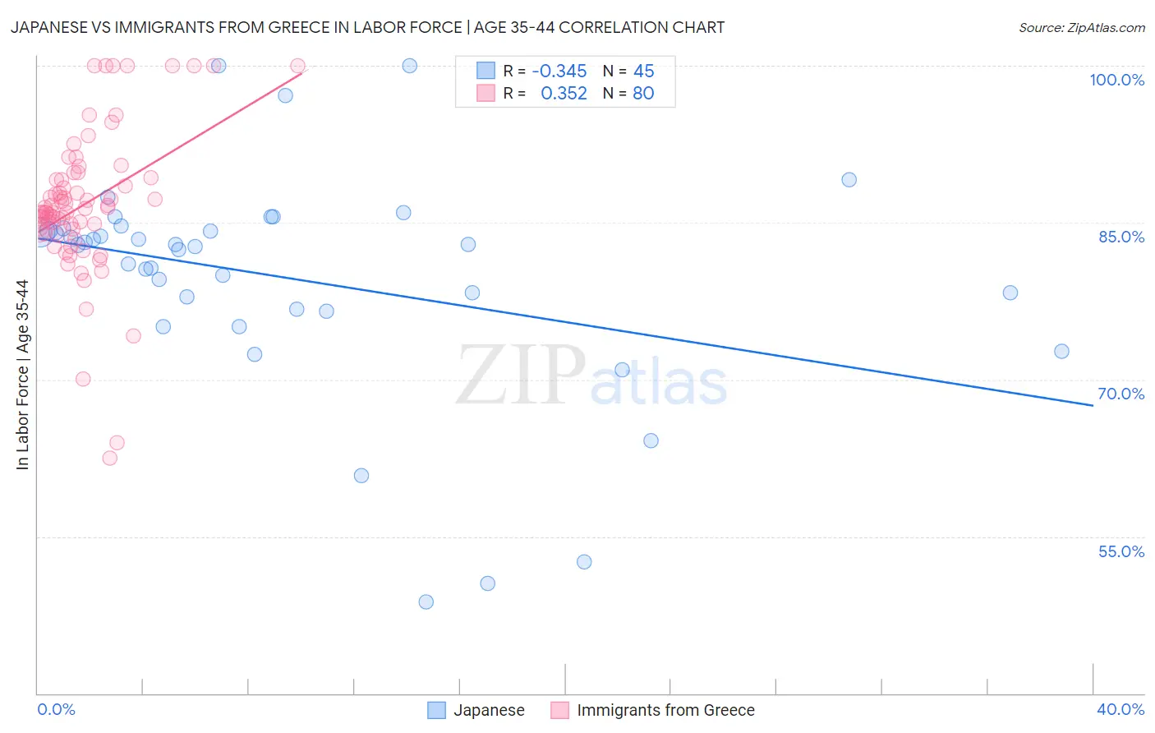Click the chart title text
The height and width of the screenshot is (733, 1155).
367,27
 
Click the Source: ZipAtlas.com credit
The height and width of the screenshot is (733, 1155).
1081,27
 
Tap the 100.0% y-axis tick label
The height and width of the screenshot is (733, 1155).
1116,80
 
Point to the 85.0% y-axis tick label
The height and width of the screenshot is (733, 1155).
1120,237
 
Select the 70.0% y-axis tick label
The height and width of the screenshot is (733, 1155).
1120,394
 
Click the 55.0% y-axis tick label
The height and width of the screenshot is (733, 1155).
1120,551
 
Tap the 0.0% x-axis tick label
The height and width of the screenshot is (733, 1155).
56,709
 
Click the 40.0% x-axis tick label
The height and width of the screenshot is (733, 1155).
1120,709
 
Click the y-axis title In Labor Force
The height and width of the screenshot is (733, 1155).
22,375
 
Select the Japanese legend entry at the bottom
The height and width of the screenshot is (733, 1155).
476,710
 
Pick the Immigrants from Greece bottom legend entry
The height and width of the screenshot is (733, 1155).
653,710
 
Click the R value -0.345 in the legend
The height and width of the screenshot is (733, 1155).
559,71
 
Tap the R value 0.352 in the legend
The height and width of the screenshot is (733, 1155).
564,94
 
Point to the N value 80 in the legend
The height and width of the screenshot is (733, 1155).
643,94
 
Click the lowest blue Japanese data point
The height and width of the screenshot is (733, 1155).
426,602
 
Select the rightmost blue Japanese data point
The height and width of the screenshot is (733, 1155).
1061,351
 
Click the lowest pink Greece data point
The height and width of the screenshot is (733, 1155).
109,458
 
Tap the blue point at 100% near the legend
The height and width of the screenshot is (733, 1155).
409,66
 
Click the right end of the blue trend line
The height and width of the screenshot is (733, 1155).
1093,405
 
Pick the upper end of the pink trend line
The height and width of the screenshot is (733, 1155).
301,73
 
